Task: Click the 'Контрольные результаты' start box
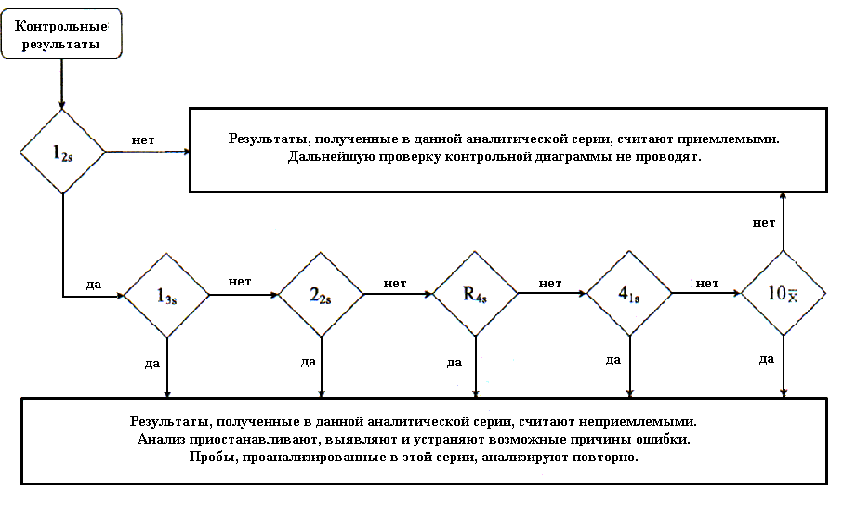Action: [x=61, y=35]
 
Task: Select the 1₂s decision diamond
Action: [x=61, y=152]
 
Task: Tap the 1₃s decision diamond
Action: [x=167, y=295]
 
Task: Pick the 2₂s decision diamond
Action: [x=322, y=295]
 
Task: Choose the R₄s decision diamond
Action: [x=476, y=295]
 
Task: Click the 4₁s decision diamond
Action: [x=630, y=295]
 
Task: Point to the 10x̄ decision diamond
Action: [x=783, y=294]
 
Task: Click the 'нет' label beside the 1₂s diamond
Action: [x=143, y=140]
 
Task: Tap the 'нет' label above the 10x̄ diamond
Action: [x=764, y=223]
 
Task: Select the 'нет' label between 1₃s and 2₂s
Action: [x=241, y=282]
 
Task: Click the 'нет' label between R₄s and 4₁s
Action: [x=549, y=283]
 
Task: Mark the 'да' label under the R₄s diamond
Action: [x=455, y=362]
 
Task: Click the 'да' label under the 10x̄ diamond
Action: [x=767, y=359]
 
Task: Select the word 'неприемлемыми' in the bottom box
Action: [x=641, y=421]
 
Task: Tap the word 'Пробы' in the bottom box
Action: [x=215, y=458]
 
